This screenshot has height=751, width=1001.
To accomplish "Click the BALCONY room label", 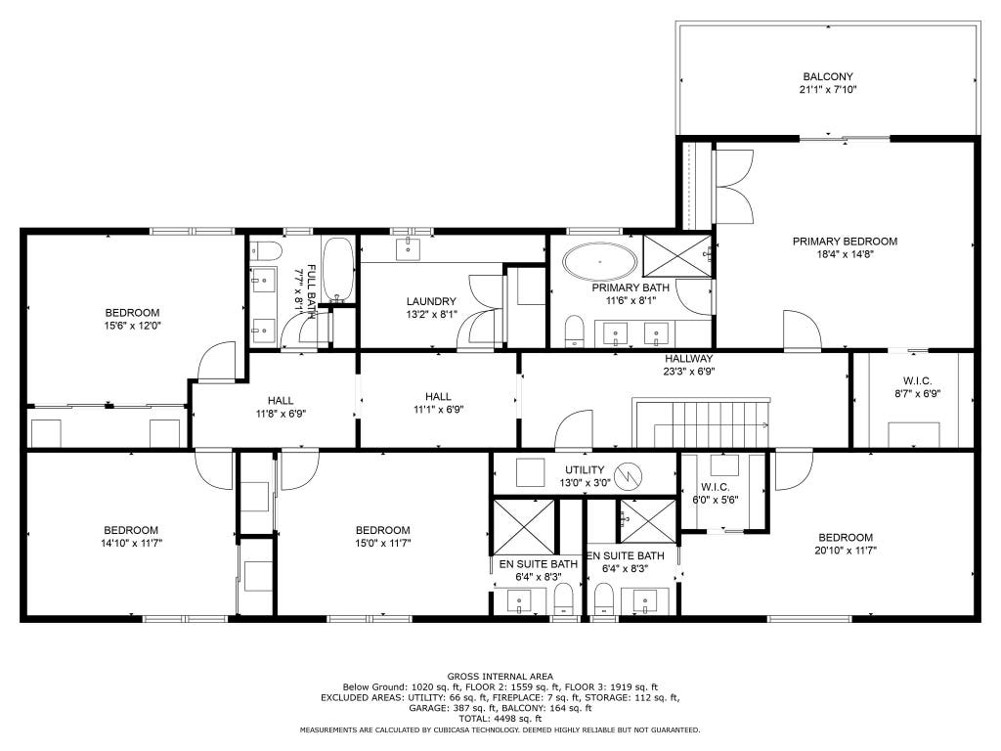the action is [x=827, y=76].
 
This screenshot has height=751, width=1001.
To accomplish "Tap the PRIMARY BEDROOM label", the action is [x=845, y=242].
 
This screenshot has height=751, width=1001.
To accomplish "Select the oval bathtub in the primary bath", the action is [x=599, y=262].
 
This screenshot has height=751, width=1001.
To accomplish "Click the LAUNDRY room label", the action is [x=431, y=301].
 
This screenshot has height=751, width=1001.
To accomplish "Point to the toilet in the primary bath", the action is [x=575, y=331].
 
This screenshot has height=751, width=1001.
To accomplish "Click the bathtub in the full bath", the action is [x=337, y=270].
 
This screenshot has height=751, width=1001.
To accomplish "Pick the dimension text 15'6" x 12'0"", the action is [x=132, y=326].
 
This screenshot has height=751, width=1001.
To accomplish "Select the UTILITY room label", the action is [x=585, y=470].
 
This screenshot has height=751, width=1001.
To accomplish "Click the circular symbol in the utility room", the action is [x=628, y=476].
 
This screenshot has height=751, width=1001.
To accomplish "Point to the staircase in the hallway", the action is [x=701, y=423].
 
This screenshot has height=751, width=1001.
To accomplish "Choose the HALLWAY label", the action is [x=689, y=359].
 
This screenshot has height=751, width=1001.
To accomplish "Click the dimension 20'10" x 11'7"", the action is [x=846, y=551].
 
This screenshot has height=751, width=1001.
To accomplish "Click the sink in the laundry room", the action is [x=408, y=249].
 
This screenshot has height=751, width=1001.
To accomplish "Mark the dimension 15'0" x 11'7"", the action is [x=383, y=544].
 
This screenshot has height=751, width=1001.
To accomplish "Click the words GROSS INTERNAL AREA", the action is [x=500, y=677].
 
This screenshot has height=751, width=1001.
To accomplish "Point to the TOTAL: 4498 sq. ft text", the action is [x=500, y=719].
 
